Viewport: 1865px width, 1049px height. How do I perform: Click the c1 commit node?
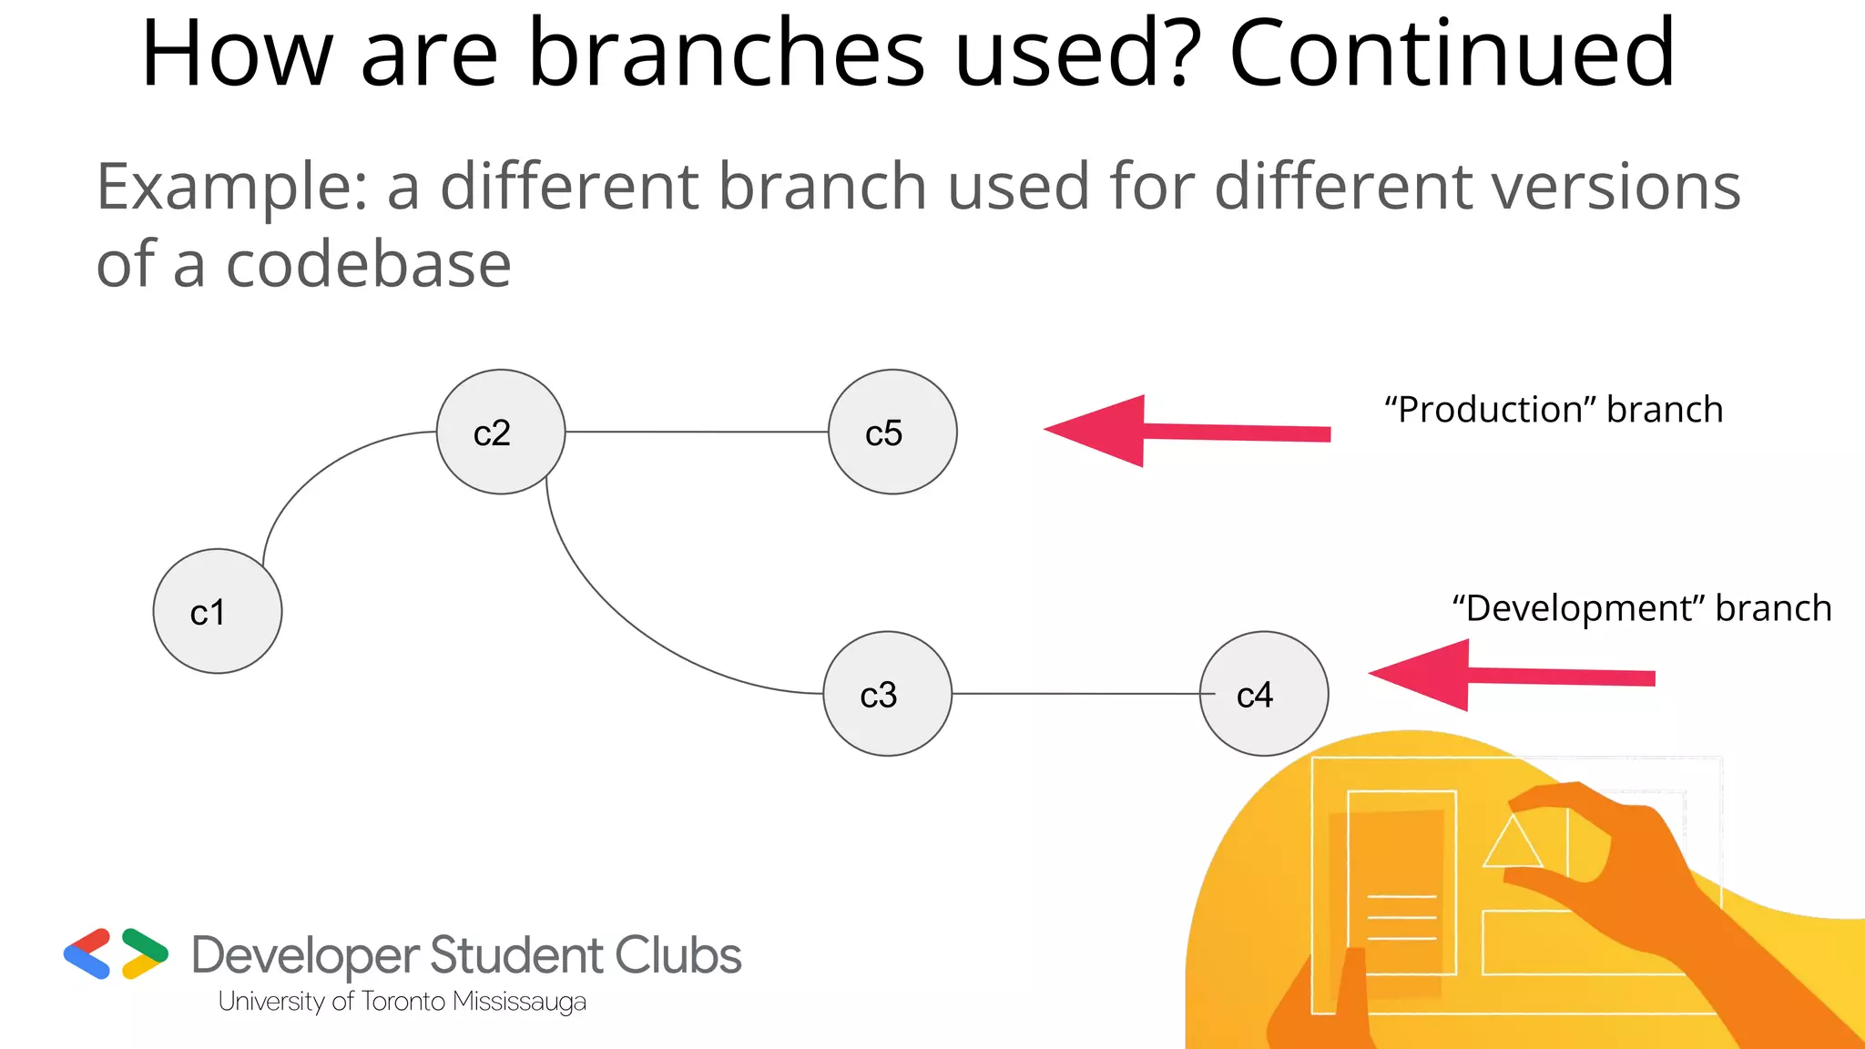[218, 611]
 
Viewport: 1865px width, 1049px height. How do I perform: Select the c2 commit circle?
[501, 432]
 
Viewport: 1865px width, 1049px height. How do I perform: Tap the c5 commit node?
[892, 432]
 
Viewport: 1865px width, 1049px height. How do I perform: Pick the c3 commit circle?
[887, 694]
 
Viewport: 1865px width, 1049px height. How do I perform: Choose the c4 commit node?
[1264, 694]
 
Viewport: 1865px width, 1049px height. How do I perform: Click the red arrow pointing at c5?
[1184, 431]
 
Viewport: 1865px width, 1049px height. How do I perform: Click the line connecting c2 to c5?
[697, 432]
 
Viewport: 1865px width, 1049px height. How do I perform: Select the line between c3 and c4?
[1075, 694]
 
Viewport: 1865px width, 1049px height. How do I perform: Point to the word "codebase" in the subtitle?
[368, 265]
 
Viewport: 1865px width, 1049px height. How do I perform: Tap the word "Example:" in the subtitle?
[232, 187]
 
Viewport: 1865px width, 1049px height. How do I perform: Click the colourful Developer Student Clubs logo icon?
[116, 954]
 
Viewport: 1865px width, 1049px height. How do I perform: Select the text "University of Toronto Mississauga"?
[402, 1002]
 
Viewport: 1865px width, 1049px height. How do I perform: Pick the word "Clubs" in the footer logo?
[678, 956]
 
